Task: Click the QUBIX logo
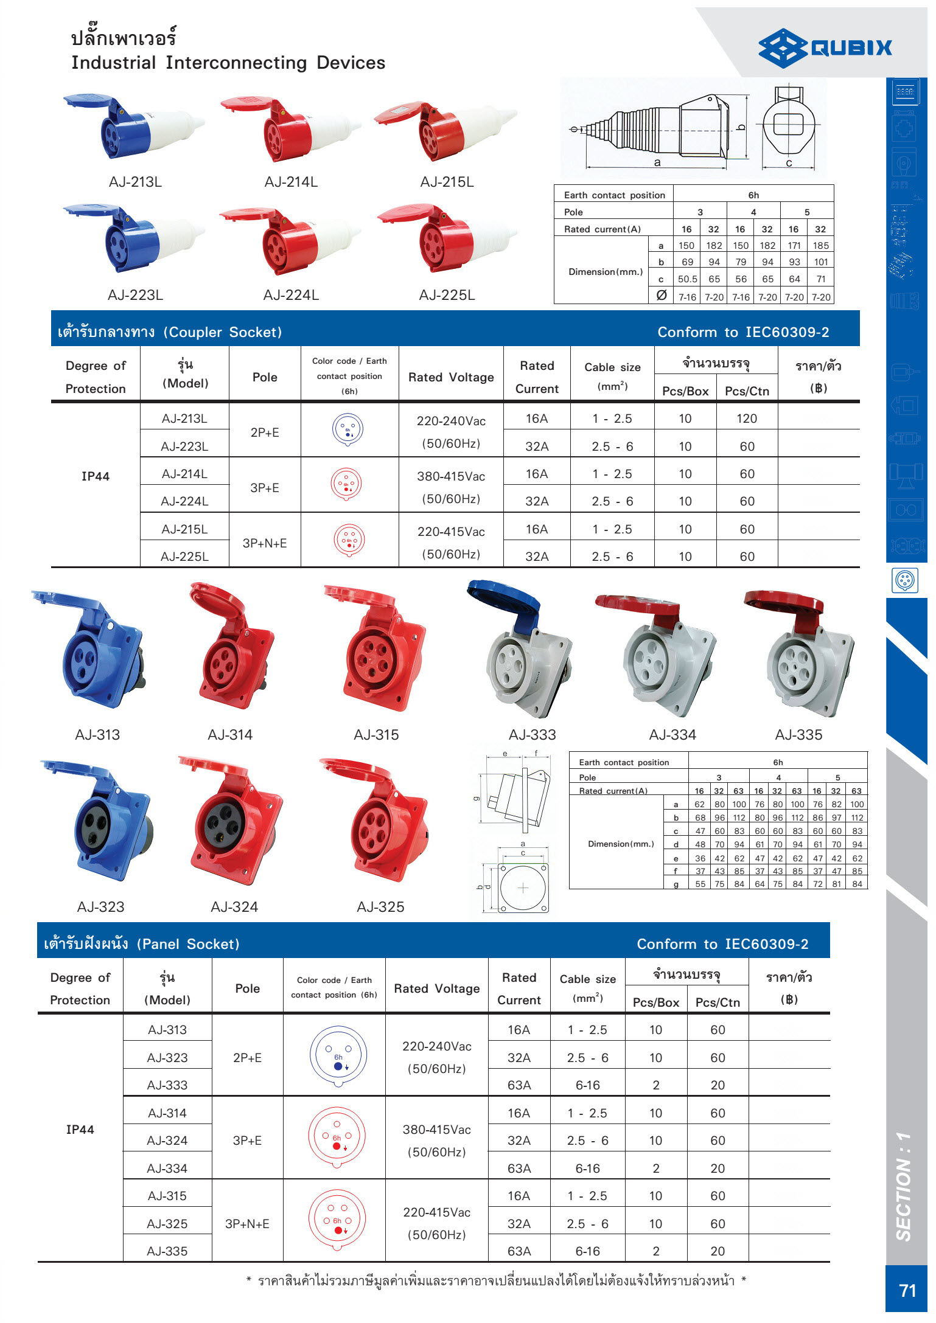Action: click(x=825, y=48)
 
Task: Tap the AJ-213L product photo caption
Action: click(x=135, y=182)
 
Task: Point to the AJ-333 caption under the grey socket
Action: click(x=533, y=735)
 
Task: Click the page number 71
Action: click(x=907, y=1290)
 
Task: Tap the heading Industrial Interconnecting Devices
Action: click(x=228, y=63)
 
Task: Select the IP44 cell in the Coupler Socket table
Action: click(x=96, y=476)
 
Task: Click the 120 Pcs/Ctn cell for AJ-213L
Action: click(x=747, y=418)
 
